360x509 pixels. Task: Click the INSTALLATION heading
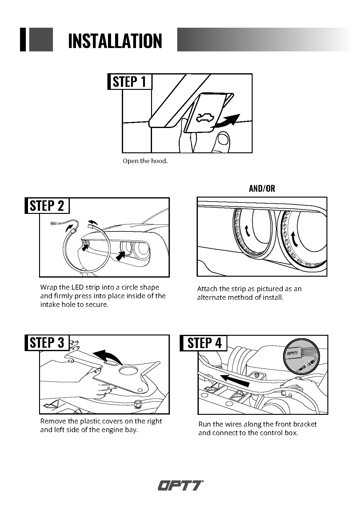[115, 41]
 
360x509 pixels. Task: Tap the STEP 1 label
[129, 82]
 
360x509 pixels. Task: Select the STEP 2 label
[47, 206]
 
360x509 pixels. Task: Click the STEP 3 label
[47, 343]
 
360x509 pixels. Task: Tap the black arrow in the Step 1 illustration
[227, 120]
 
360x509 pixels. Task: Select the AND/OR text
[262, 188]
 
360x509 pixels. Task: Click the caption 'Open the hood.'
[145, 161]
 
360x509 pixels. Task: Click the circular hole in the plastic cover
[127, 371]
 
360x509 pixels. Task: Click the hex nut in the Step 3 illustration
[138, 404]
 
